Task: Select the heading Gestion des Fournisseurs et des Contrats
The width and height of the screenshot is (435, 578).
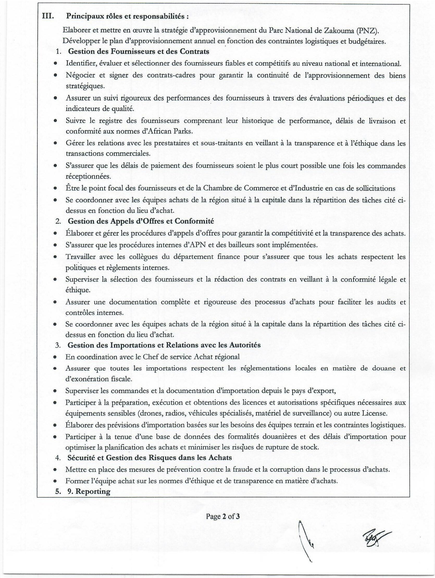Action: coord(138,51)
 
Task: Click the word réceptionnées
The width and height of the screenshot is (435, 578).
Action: coord(88,177)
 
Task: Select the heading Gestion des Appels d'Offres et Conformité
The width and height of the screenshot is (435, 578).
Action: coord(141,221)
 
